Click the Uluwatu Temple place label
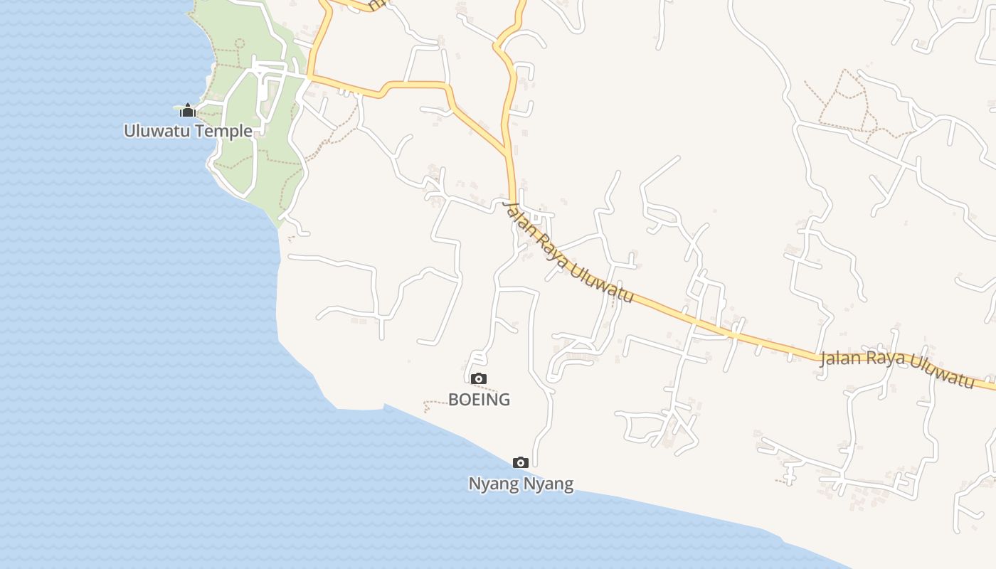tap(188, 131)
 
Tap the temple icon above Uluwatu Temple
tap(187, 110)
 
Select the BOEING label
tap(479, 400)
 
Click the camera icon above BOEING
tap(479, 378)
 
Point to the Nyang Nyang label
tap(520, 484)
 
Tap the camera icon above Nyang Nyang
tap(520, 463)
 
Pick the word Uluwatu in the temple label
tap(153, 131)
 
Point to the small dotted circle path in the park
tap(239, 43)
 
